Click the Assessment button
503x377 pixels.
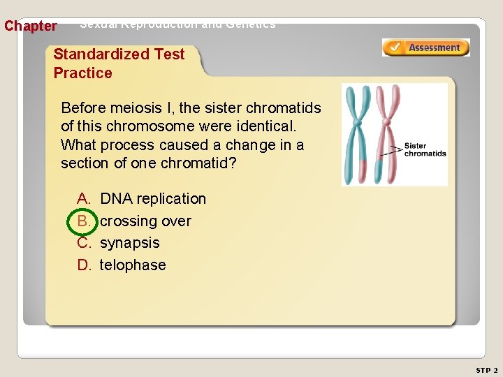tap(425, 47)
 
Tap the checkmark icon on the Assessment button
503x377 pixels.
tap(395, 47)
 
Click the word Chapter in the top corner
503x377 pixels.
tap(31, 27)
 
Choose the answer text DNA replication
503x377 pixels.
tap(153, 199)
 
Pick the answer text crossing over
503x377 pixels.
tap(145, 221)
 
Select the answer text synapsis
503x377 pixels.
tap(129, 243)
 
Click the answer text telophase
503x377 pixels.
tap(133, 265)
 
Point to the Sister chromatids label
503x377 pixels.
tap(425, 150)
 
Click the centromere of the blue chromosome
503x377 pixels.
tap(357, 124)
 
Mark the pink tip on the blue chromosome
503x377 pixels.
tap(363, 170)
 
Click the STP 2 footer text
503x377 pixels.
tap(486, 369)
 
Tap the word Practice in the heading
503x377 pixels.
tap(82, 73)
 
